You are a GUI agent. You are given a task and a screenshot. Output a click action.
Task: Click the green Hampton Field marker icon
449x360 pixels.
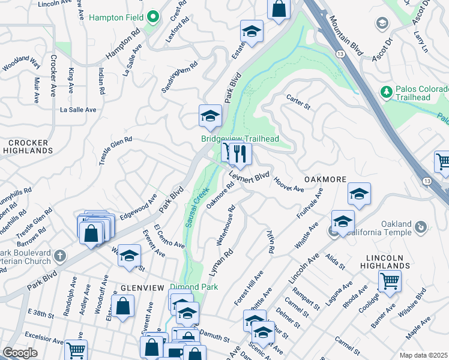pyautogui.click(x=152, y=17)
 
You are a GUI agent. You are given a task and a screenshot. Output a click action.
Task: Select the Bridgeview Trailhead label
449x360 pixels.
pyautogui.click(x=240, y=139)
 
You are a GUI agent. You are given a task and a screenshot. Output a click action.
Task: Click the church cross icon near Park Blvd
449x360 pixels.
pyautogui.click(x=59, y=256)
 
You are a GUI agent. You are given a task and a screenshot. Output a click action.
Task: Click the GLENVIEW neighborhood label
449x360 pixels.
pyautogui.click(x=142, y=288)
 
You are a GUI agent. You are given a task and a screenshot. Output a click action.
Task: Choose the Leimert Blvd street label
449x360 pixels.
pyautogui.click(x=249, y=176)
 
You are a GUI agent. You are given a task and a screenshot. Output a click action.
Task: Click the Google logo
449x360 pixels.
pyautogui.click(x=20, y=353)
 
